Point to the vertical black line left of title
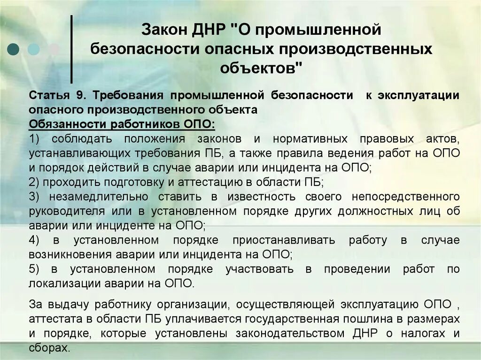point(71,49)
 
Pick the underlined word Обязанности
point(66,125)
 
